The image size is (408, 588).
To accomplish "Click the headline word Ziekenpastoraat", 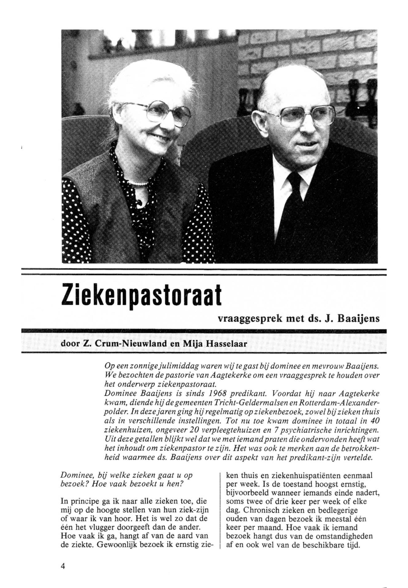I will pyautogui.click(x=141, y=297).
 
